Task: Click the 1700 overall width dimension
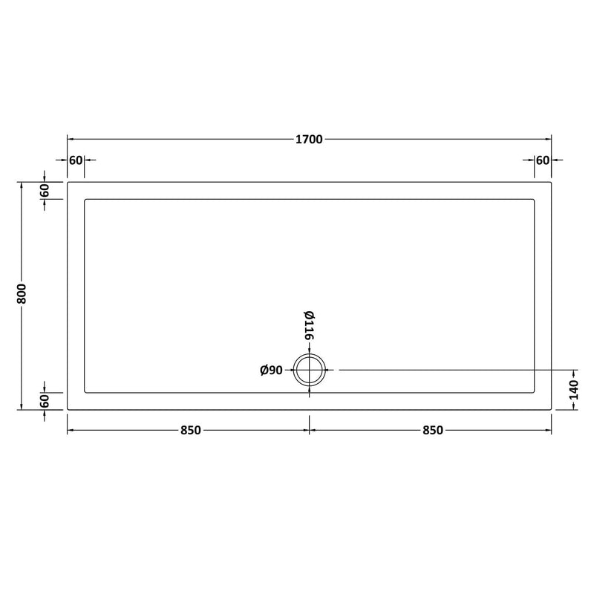pyautogui.click(x=310, y=139)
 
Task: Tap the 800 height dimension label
pyautogui.click(x=22, y=295)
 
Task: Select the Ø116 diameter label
pyautogui.click(x=309, y=324)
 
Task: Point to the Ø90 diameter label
pyautogui.click(x=272, y=370)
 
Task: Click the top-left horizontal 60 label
pyautogui.click(x=76, y=160)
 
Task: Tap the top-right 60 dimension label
pyautogui.click(x=542, y=160)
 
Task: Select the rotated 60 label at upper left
pyautogui.click(x=45, y=190)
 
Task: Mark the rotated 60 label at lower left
pyautogui.click(x=45, y=401)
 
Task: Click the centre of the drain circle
pyautogui.click(x=310, y=369)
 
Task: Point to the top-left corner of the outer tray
pyautogui.click(x=68, y=182)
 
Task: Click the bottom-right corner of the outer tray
pyautogui.click(x=552, y=409)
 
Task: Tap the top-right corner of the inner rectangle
pyautogui.click(x=535, y=198)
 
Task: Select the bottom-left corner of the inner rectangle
pyautogui.click(x=85, y=392)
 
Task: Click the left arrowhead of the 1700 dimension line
pyautogui.click(x=70, y=139)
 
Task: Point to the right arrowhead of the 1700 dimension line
pyautogui.click(x=549, y=139)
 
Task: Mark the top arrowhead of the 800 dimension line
pyautogui.click(x=22, y=184)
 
